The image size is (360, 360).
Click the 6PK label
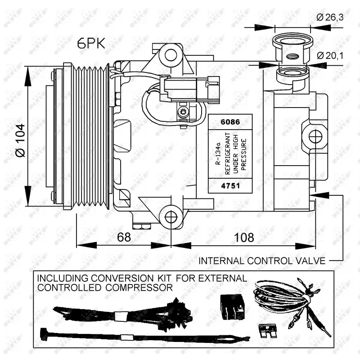[91, 43]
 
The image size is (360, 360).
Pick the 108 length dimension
[243, 237]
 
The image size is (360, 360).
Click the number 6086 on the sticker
[229, 122]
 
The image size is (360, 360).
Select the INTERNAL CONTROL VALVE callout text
[262, 261]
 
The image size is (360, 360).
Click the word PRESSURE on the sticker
[244, 153]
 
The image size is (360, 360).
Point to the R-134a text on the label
[217, 153]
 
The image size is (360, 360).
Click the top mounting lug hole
[171, 55]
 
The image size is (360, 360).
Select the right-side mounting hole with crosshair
[315, 135]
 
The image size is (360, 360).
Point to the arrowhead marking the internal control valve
[314, 195]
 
